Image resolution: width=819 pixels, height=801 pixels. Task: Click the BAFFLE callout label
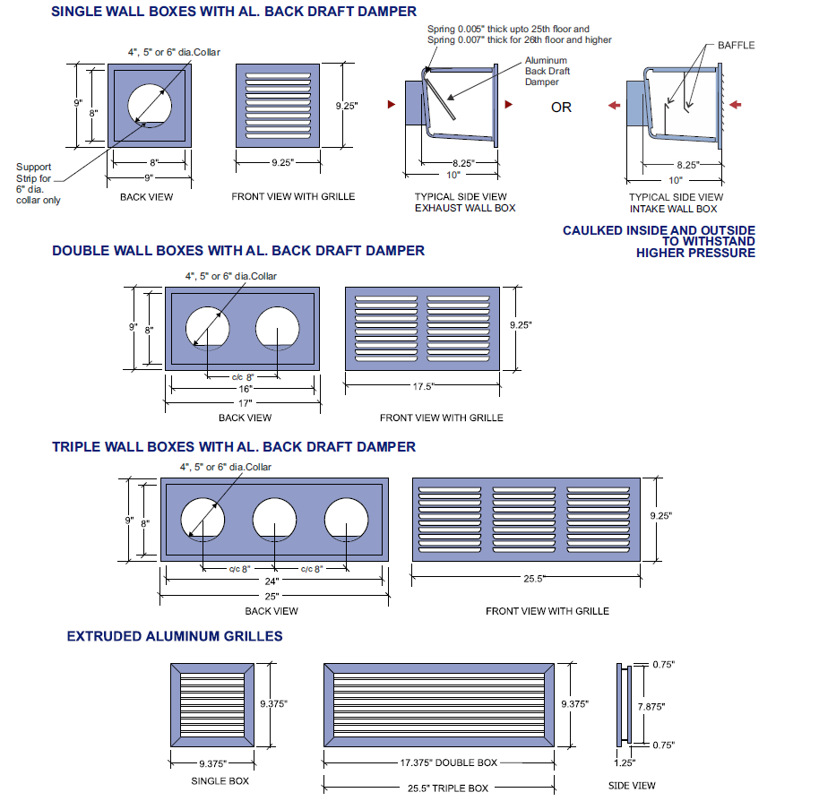pyautogui.click(x=736, y=45)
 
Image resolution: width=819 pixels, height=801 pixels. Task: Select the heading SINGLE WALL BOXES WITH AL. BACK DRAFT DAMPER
pyautogui.click(x=233, y=12)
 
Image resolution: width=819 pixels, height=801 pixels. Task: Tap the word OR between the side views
pyautogui.click(x=561, y=108)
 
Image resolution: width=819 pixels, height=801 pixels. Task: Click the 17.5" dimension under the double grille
pyautogui.click(x=422, y=387)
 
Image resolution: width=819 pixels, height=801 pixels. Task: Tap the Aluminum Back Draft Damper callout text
pyautogui.click(x=547, y=72)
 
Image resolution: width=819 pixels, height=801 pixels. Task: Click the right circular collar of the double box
pyautogui.click(x=277, y=329)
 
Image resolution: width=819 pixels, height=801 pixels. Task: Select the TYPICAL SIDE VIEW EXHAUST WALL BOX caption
pyautogui.click(x=460, y=202)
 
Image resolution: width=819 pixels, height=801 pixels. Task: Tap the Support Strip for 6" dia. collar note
pyautogui.click(x=38, y=183)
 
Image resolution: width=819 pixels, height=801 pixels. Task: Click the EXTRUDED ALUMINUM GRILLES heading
pyautogui.click(x=175, y=636)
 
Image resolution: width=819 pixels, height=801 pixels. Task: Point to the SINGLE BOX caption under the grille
pyautogui.click(x=212, y=781)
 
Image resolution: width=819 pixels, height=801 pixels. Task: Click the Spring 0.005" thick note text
pyautogui.click(x=520, y=34)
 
